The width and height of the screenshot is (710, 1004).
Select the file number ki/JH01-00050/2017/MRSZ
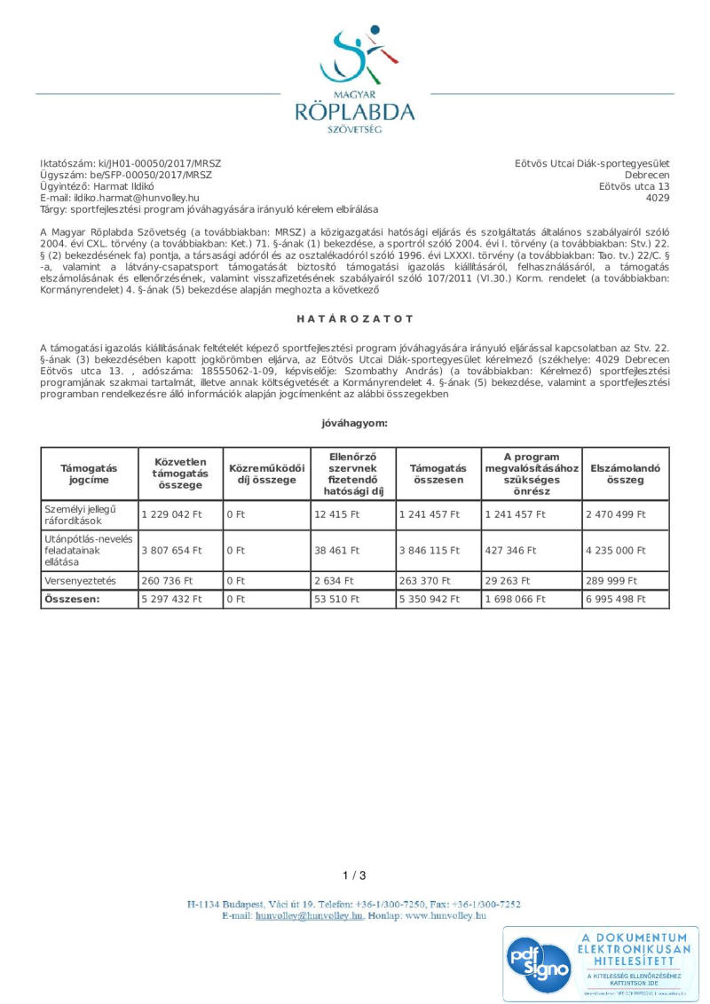click(160, 164)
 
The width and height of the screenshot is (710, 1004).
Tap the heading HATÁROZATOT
click(355, 318)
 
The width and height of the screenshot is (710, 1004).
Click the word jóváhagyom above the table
click(354, 423)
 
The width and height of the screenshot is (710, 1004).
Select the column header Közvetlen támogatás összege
click(180, 474)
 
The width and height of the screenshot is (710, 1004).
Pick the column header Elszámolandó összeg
click(626, 474)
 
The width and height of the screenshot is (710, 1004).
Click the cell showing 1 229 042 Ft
click(172, 514)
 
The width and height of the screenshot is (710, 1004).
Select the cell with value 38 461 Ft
click(337, 550)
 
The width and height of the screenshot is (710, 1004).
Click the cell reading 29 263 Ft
click(508, 581)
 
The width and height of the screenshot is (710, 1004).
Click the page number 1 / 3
click(354, 875)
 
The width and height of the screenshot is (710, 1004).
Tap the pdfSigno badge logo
click(538, 963)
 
